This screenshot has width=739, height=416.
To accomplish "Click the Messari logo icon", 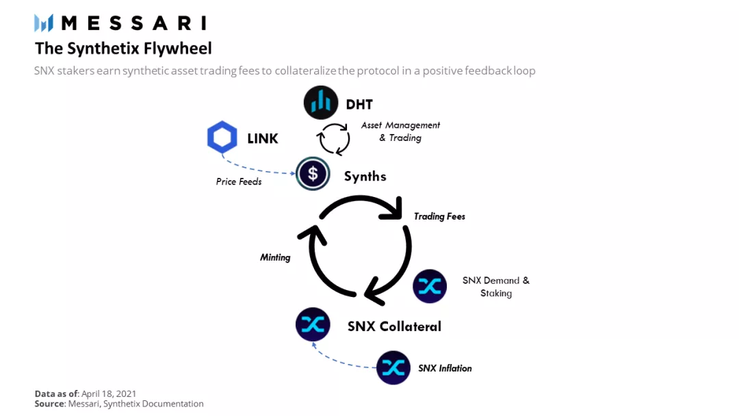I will point(44,23).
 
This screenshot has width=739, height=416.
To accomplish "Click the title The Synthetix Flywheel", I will point(123,49).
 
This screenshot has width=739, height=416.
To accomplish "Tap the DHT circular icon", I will point(321,103).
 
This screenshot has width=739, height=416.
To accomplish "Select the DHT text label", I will point(359,105).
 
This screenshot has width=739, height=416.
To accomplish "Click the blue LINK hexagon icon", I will point(222,138).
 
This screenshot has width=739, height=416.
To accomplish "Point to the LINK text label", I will point(263,139).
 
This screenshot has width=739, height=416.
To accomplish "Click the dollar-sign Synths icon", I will point(313,174).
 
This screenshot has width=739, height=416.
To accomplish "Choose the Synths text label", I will point(365,177).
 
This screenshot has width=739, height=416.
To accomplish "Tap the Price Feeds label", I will point(239,182).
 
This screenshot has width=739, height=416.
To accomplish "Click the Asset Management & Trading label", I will point(401,131).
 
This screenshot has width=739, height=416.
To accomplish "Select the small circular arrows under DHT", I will point(333,139).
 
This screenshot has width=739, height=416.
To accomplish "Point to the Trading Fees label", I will point(439,216).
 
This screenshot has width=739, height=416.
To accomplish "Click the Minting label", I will point(275,257).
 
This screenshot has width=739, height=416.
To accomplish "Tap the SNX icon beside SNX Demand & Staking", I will point(430,286).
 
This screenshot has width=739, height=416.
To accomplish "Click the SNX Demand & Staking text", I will point(496,287).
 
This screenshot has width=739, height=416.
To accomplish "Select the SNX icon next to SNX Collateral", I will point(313,325).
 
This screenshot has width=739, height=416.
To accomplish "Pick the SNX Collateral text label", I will point(394,326).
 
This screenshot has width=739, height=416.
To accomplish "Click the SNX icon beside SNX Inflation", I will point(393,367).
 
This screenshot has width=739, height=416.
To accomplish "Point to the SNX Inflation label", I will point(445,368).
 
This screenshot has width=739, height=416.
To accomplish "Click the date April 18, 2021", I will point(109,393).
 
